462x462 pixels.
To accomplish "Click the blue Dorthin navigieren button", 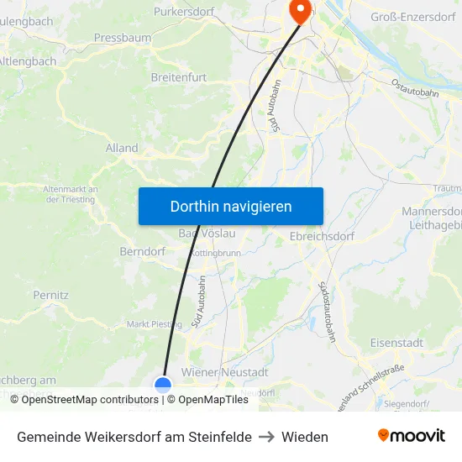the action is pyautogui.click(x=230, y=206).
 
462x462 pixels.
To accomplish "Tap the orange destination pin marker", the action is pyautogui.click(x=298, y=10).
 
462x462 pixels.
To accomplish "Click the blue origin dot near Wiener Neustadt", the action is pyautogui.click(x=163, y=385).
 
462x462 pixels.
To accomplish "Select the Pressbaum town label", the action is pyautogui.click(x=123, y=38).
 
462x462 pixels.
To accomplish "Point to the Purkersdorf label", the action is pyautogui.click(x=184, y=12).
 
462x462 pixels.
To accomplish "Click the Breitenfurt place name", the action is pyautogui.click(x=178, y=77).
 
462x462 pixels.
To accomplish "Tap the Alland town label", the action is pyautogui.click(x=122, y=148).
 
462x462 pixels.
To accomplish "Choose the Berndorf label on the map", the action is pyautogui.click(x=142, y=251).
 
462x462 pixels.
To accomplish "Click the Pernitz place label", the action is pyautogui.click(x=50, y=295).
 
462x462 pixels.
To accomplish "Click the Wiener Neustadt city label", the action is pyautogui.click(x=224, y=372).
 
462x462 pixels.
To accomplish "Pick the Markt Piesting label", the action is pyautogui.click(x=154, y=323).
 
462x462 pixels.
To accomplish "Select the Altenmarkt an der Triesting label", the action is pyautogui.click(x=71, y=194).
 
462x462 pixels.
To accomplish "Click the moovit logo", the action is pyautogui.click(x=412, y=435).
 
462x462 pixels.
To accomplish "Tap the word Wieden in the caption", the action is pyautogui.click(x=305, y=437).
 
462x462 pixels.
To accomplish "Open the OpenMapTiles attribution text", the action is pyautogui.click(x=207, y=400).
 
